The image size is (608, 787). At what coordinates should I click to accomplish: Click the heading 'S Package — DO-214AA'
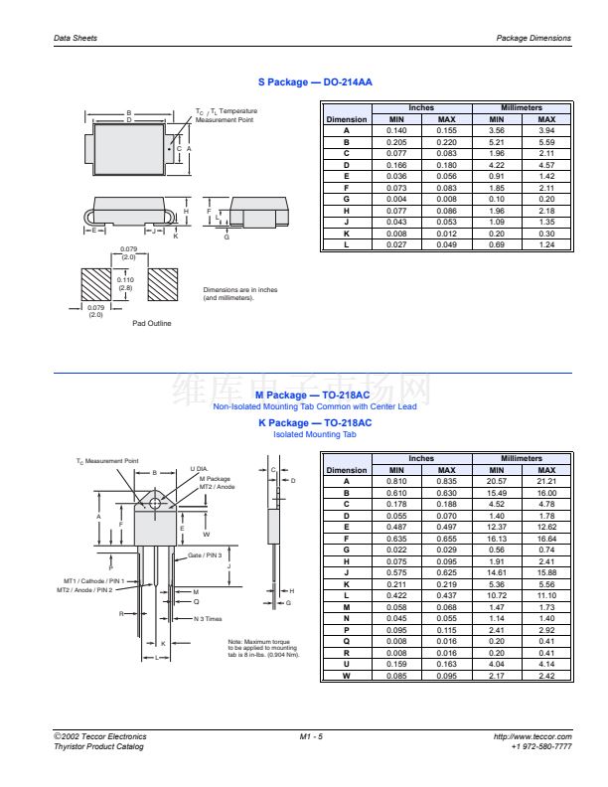pyautogui.click(x=314, y=82)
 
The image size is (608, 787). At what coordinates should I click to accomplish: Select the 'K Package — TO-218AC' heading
pyautogui.click(x=314, y=423)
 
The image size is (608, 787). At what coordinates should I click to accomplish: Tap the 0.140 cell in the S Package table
pyautogui.click(x=396, y=130)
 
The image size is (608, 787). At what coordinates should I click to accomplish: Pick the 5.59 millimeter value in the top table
pyautogui.click(x=545, y=142)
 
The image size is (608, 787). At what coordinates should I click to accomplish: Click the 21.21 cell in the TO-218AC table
pyautogui.click(x=546, y=481)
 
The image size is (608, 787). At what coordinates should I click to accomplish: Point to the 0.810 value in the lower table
pyautogui.click(x=396, y=481)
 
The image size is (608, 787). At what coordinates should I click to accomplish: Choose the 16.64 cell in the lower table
pyautogui.click(x=546, y=538)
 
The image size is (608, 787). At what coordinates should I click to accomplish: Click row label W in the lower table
pyautogui.click(x=347, y=677)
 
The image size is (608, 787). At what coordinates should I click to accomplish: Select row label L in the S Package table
pyautogui.click(x=347, y=244)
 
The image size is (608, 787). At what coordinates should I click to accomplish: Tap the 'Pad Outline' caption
pyautogui.click(x=152, y=323)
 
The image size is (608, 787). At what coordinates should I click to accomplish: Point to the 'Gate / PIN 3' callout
pyautogui.click(x=205, y=555)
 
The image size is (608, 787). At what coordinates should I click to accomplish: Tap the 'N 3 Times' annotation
pyautogui.click(x=207, y=618)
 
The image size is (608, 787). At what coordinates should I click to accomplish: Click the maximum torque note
pyautogui.click(x=262, y=648)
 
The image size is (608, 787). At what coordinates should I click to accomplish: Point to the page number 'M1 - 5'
pyautogui.click(x=311, y=736)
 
